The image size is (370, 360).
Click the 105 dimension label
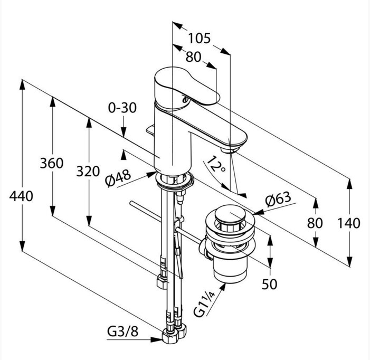(199, 38)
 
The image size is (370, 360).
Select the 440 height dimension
(22, 196)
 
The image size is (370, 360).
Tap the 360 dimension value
(52, 163)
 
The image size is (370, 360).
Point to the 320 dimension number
(88, 171)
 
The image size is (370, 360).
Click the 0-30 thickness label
(122, 108)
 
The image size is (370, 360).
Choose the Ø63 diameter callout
(278, 200)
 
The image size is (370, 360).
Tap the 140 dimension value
(349, 223)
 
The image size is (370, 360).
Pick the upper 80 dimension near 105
(194, 57)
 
